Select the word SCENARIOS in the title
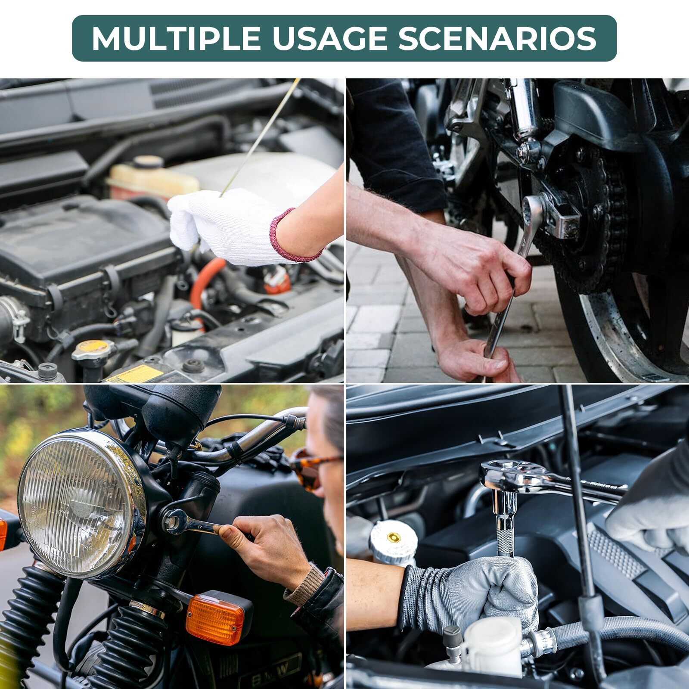497,39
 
